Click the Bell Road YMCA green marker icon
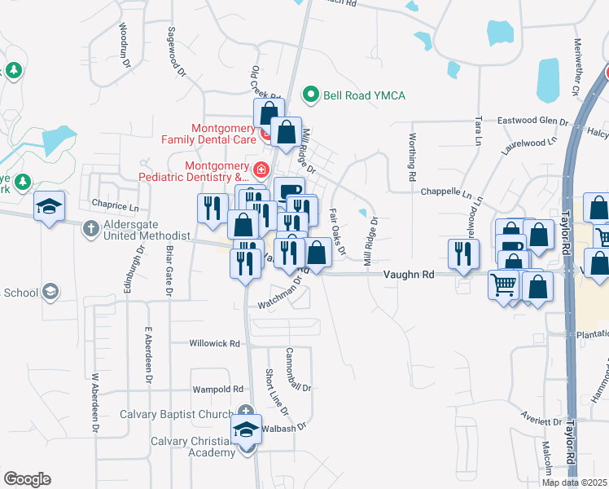(309, 95)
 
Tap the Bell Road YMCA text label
(364, 95)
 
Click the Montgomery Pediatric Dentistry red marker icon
(261, 170)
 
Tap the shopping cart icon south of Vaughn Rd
(504, 285)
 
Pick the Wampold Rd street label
(217, 390)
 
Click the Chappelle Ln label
(446, 193)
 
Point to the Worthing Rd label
(413, 156)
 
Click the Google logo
(27, 479)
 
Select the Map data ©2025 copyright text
(575, 482)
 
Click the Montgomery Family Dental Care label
(224, 134)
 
